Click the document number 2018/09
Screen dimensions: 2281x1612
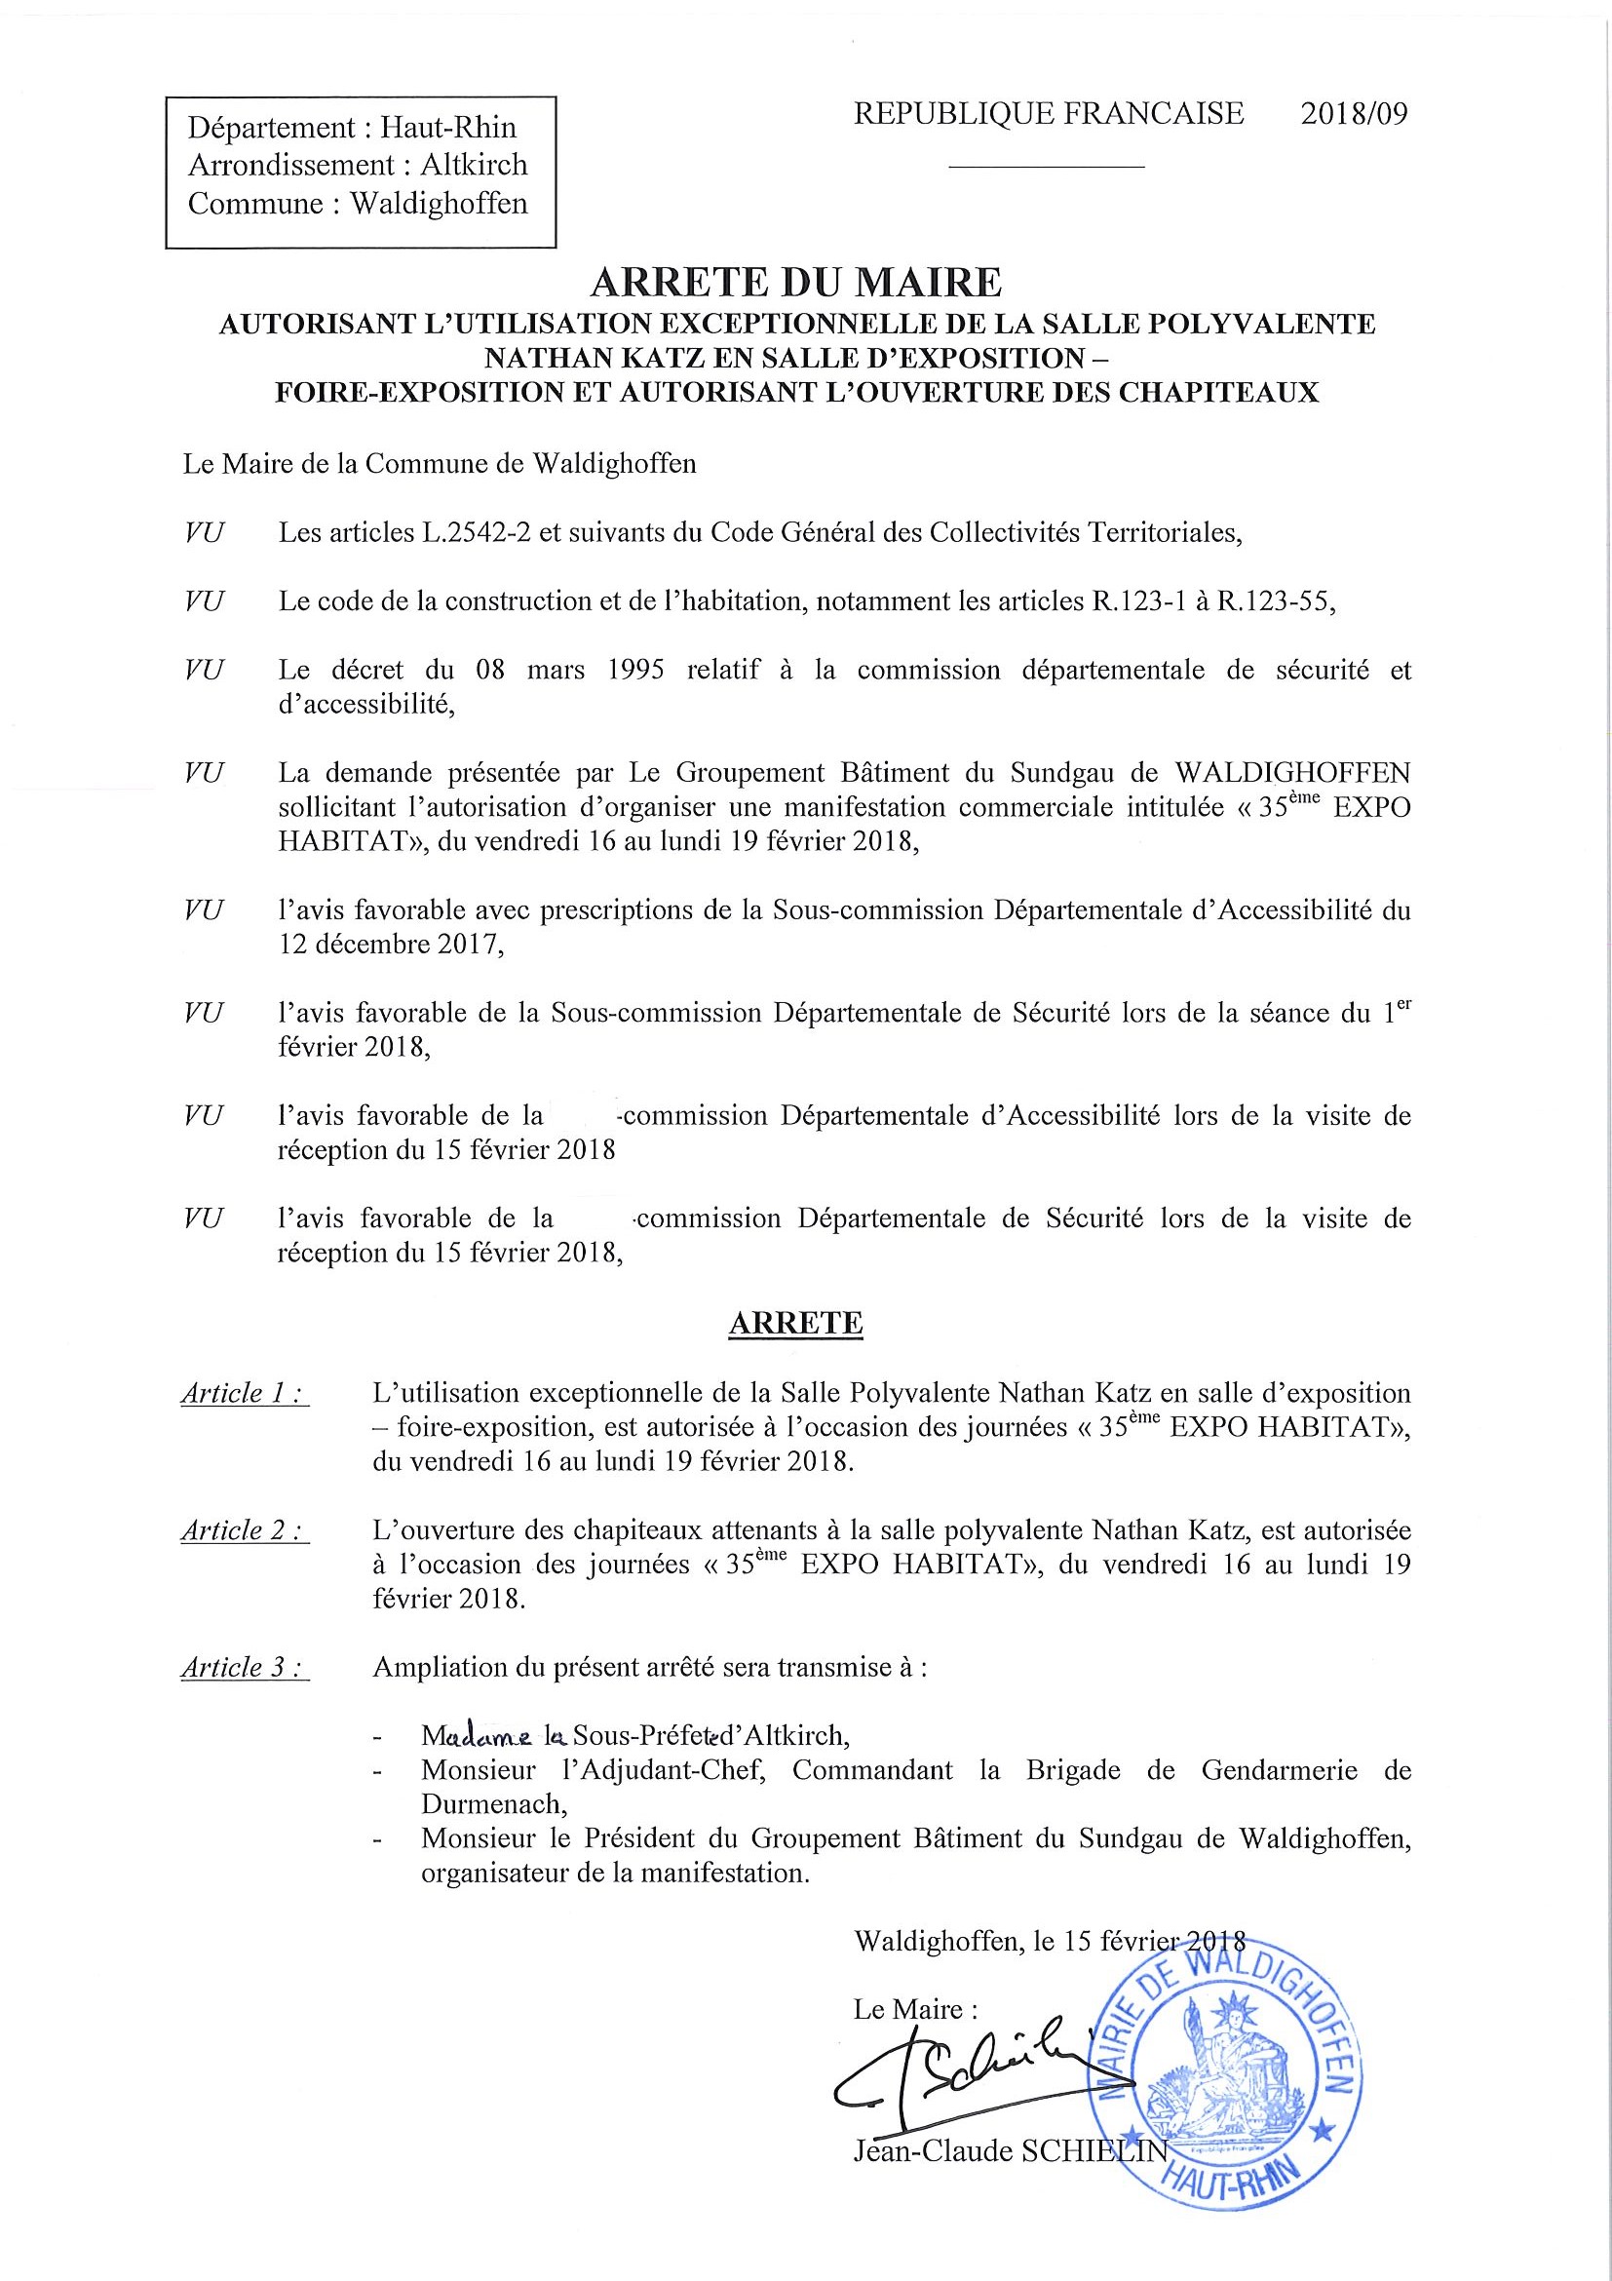[1354, 114]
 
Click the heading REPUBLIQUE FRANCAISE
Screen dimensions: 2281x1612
[1048, 114]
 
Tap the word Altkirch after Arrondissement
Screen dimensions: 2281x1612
[474, 165]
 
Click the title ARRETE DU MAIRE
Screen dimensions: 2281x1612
[795, 283]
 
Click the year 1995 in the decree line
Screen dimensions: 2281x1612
[634, 670]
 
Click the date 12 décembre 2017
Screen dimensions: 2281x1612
[388, 944]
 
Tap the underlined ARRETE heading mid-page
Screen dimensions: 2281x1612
[795, 1324]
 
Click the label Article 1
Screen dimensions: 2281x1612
[244, 1394]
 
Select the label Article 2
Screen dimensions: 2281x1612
[244, 1531]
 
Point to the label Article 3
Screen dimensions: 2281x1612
[244, 1668]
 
